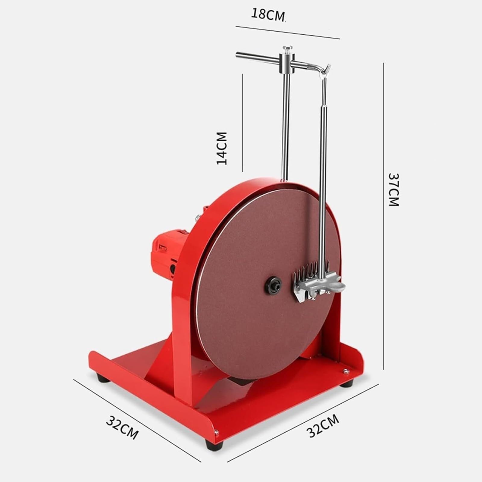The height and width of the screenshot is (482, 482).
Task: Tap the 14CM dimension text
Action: [222, 148]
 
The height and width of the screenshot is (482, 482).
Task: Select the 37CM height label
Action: [393, 189]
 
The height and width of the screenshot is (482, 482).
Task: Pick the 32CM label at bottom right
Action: [323, 426]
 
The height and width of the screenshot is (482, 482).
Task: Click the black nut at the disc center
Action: [273, 285]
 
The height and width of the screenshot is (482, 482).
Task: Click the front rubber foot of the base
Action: [214, 444]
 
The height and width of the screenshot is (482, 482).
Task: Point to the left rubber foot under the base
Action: [103, 378]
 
